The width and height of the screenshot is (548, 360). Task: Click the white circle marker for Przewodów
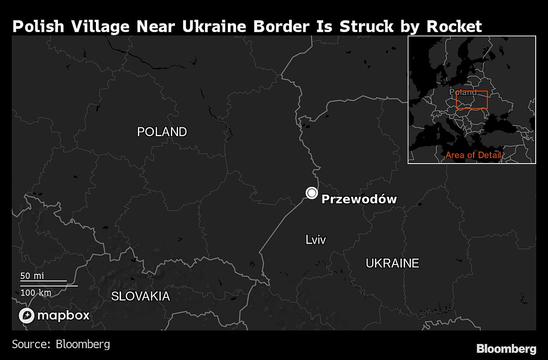[x=311, y=193]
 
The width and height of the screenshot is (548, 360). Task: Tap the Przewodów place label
[x=359, y=199]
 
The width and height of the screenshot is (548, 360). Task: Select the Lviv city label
[x=316, y=239]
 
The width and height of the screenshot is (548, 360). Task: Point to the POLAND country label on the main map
[x=162, y=132]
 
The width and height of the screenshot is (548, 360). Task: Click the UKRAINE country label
[x=392, y=263]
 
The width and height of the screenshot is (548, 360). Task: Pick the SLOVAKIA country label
[x=141, y=296]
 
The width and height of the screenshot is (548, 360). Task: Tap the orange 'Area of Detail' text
[x=473, y=155]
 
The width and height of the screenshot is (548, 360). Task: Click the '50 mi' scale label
[x=32, y=276]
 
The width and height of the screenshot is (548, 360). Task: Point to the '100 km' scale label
[x=36, y=292]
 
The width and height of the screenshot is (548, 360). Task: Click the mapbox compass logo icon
[x=26, y=315]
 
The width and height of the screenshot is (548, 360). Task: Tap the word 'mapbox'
[x=63, y=315]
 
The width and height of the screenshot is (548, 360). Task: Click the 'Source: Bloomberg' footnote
[x=61, y=344]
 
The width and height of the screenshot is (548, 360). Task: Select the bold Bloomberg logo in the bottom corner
[x=506, y=349]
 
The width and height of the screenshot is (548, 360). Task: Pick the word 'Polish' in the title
[x=37, y=26]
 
